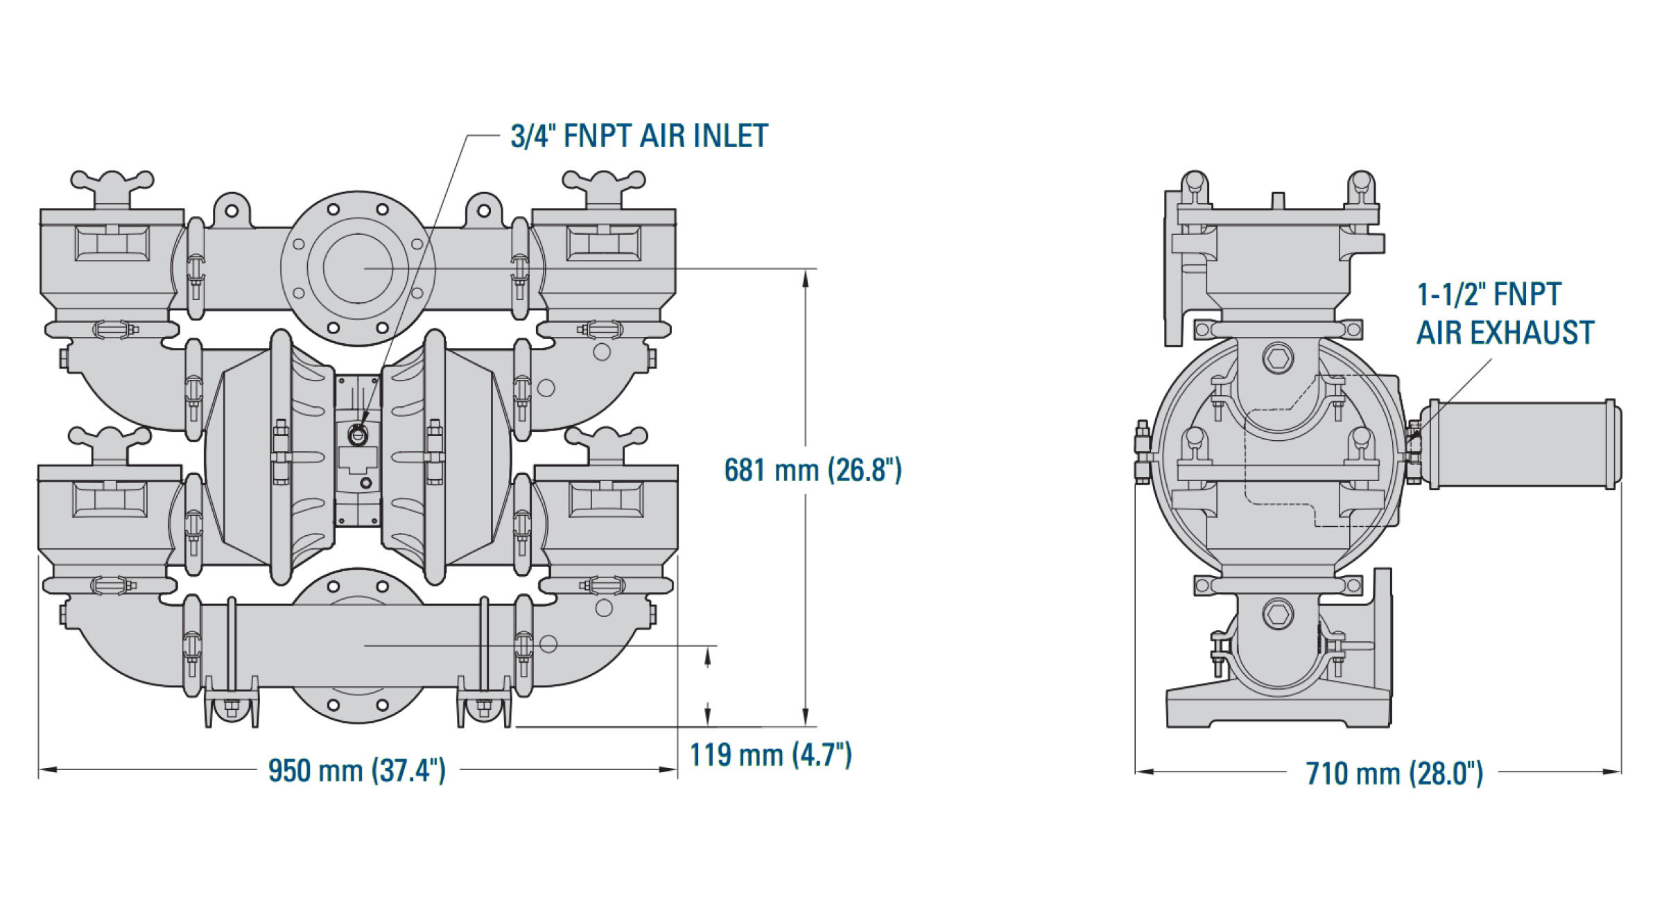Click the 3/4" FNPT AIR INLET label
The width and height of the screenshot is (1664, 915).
pyautogui.click(x=639, y=136)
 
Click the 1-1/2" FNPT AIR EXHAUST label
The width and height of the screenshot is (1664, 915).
pyautogui.click(x=1505, y=314)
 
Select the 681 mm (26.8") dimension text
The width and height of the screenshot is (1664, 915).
pyautogui.click(x=813, y=471)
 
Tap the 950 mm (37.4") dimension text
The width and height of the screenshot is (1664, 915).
pyautogui.click(x=356, y=771)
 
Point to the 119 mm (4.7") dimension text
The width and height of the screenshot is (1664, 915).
pyautogui.click(x=770, y=755)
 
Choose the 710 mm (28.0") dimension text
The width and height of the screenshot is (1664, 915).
pyautogui.click(x=1394, y=774)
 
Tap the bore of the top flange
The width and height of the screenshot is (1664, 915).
pyautogui.click(x=358, y=268)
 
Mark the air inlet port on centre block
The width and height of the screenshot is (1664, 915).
pyautogui.click(x=358, y=434)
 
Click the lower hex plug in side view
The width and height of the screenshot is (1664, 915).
pyautogui.click(x=1278, y=614)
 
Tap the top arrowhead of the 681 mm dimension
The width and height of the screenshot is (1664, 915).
pyautogui.click(x=805, y=277)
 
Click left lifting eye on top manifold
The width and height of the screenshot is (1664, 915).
pyautogui.click(x=232, y=209)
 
